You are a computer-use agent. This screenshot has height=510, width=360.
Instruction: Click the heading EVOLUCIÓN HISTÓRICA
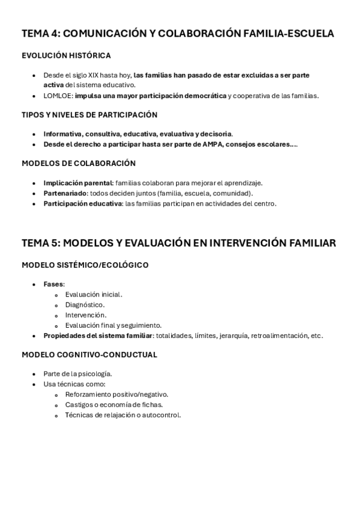(66, 56)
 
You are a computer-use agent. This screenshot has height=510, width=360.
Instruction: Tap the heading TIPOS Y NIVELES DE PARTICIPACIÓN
(90, 115)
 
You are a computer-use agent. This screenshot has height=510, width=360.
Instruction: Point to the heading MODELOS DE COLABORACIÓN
(79, 164)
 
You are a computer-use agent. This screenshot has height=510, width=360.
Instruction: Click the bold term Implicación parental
(78, 183)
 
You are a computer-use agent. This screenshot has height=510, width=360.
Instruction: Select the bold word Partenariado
(66, 193)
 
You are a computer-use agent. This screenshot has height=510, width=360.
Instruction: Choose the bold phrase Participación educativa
(82, 203)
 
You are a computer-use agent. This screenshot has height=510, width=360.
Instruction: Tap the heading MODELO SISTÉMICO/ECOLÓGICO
(85, 265)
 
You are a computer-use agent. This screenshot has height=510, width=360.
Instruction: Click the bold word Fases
(53, 284)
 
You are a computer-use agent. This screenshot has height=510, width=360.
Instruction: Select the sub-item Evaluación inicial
(93, 295)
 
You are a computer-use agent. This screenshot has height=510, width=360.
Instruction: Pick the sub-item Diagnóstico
(85, 305)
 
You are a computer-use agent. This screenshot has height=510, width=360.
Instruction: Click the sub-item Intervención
(86, 315)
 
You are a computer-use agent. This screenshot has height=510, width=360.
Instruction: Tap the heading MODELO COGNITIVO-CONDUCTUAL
(90, 355)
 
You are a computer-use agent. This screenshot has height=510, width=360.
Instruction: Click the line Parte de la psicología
(78, 374)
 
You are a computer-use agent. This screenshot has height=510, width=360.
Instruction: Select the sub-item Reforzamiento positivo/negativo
(117, 395)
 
